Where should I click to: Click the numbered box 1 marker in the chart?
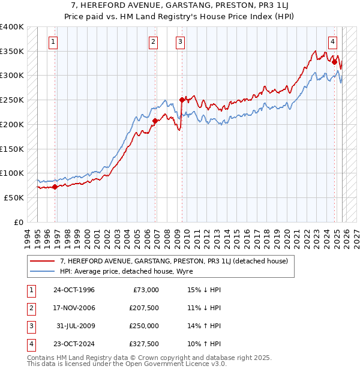pyautogui.click(x=54, y=41)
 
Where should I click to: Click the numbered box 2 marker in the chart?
pyautogui.click(x=154, y=41)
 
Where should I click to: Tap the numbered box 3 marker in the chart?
pyautogui.click(x=180, y=41)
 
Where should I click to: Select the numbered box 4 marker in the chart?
pyautogui.click(x=332, y=41)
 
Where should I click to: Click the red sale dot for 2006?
pyautogui.click(x=155, y=121)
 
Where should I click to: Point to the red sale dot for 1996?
pyautogui.click(x=55, y=187)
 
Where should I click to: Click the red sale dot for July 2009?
pyautogui.click(x=181, y=100)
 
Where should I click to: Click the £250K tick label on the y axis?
pyautogui.click(x=12, y=100)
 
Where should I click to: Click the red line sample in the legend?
pyautogui.click(x=43, y=261)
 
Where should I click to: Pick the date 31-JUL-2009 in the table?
pyautogui.click(x=74, y=326)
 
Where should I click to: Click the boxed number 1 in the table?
pyautogui.click(x=30, y=290)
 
